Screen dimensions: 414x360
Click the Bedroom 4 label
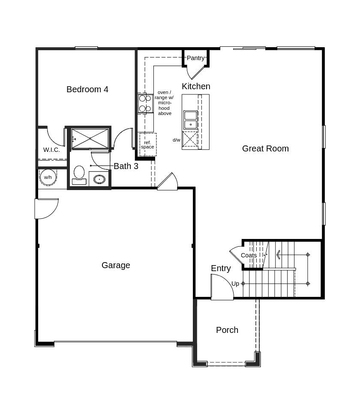point(87,89)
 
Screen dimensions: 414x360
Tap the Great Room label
point(265,148)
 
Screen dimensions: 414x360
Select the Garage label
point(116,265)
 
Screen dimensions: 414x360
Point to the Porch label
point(227,330)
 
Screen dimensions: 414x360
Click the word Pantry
point(195,58)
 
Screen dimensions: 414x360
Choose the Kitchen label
point(196,86)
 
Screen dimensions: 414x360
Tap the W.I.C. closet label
point(51,150)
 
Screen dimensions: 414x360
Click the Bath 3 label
point(126,166)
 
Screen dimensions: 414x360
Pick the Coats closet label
point(249,255)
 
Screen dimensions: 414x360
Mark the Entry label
point(221,268)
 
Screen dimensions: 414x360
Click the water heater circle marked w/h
point(48,177)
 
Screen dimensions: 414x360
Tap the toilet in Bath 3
point(79,175)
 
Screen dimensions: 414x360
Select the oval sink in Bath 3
point(99,179)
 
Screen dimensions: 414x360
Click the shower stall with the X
point(90,139)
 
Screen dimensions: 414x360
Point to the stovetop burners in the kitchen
point(145,103)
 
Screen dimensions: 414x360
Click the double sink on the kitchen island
point(190,120)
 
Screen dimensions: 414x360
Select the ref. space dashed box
point(148,145)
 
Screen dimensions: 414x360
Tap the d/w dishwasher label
point(177,140)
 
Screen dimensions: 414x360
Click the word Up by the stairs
point(235,284)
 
